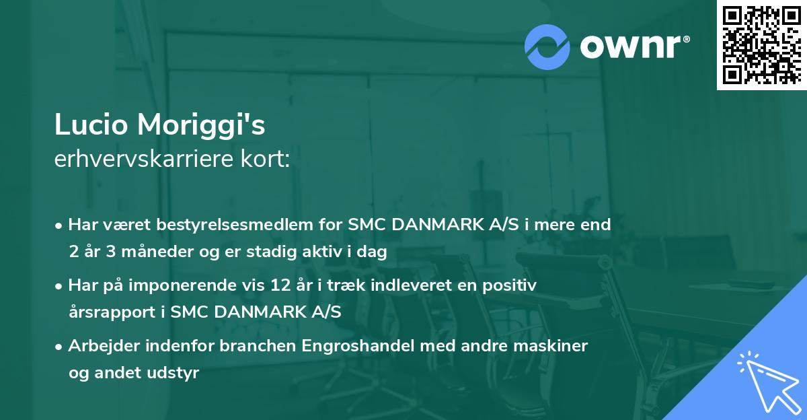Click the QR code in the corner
pyautogui.click(x=761, y=44)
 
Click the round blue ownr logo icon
pyautogui.click(x=547, y=47)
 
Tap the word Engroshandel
pyautogui.click(x=352, y=346)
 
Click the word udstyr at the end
pyautogui.click(x=176, y=373)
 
